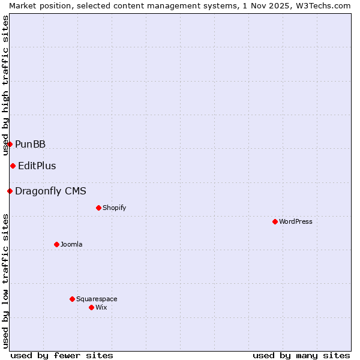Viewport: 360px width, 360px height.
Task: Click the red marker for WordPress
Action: tap(275, 221)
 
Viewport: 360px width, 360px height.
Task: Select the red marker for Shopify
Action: tap(98, 208)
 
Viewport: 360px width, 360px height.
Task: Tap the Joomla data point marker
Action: tap(56, 244)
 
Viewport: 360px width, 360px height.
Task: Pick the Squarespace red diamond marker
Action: tap(72, 299)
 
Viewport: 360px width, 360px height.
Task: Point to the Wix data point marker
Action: tap(91, 307)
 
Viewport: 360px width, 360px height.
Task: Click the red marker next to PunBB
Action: tap(10, 144)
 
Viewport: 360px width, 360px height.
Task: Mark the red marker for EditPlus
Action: tap(13, 166)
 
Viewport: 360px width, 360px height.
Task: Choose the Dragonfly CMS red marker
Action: tap(10, 191)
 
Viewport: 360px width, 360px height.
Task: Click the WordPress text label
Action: tap(296, 221)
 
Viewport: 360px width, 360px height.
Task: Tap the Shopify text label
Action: tap(114, 208)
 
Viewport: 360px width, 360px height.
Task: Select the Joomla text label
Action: tap(71, 244)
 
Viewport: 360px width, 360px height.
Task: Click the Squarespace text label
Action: tap(97, 299)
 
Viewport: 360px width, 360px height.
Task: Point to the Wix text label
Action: tap(101, 307)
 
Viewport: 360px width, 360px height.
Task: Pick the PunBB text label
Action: tap(30, 144)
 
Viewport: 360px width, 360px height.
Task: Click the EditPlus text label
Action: tap(37, 166)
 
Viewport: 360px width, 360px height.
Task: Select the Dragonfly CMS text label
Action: tap(50, 191)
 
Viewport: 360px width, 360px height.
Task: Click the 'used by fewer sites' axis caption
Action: tap(62, 355)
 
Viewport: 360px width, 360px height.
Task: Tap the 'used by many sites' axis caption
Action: tap(301, 355)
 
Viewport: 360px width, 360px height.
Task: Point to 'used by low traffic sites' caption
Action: tap(5, 281)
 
